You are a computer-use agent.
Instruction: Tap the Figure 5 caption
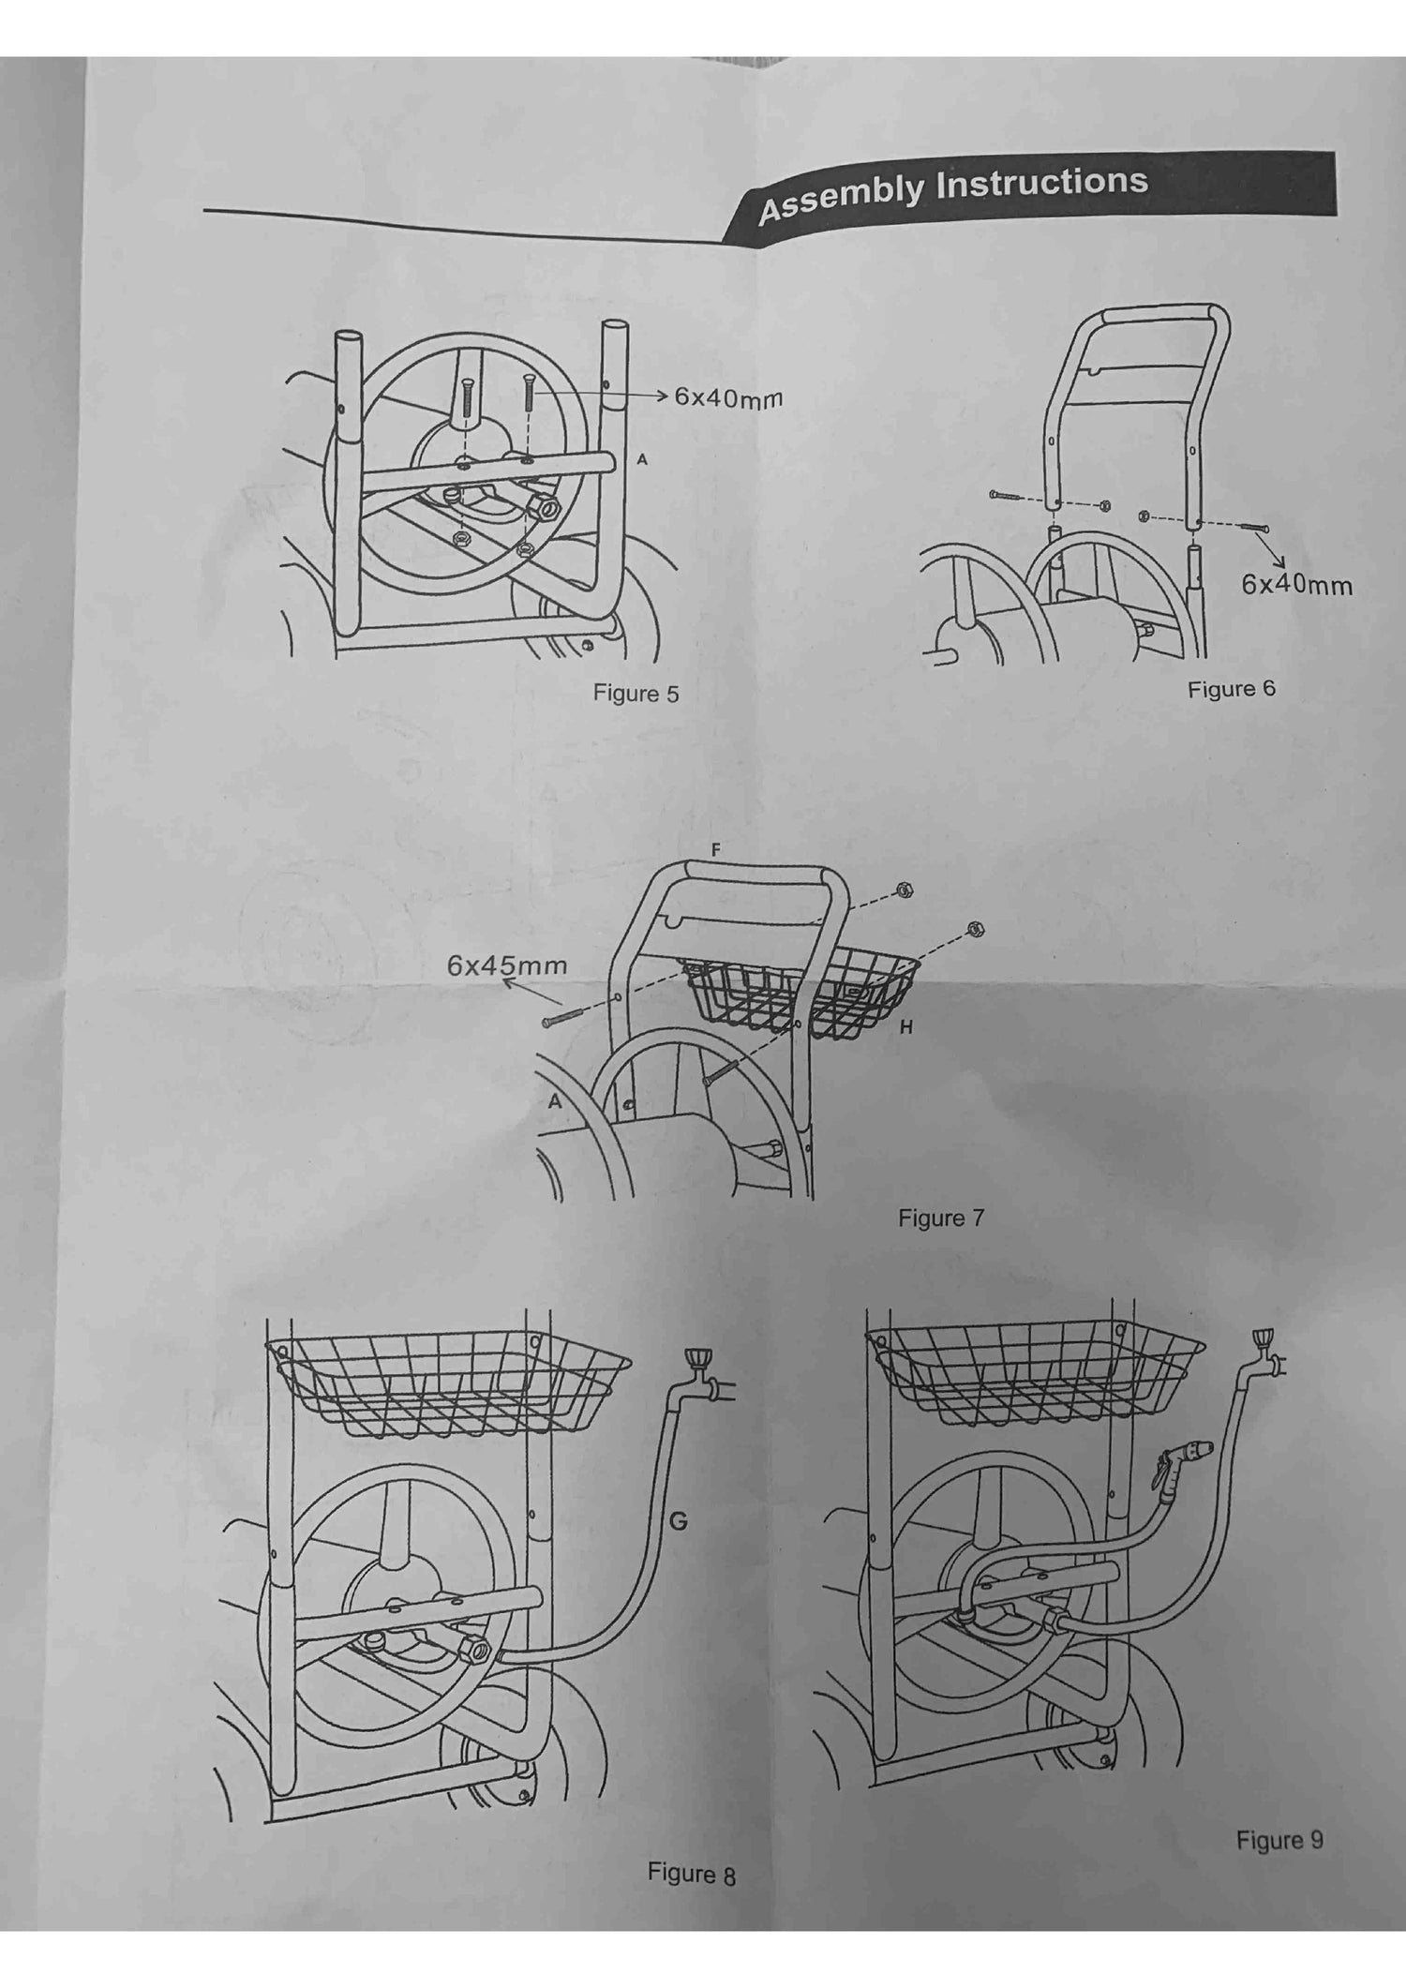tap(636, 694)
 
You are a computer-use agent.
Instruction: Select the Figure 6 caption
tap(1232, 689)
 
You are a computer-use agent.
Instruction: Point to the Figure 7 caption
tap(941, 1218)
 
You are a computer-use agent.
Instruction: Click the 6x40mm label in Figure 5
tap(728, 397)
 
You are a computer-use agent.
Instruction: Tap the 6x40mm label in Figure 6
tap(1297, 585)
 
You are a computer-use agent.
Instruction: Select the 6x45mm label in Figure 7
tap(507, 965)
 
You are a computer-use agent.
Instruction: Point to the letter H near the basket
tap(905, 1028)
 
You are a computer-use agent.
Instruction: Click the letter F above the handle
tap(716, 850)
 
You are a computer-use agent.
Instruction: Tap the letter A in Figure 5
tap(642, 459)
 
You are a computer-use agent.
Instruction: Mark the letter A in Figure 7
tap(555, 1102)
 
